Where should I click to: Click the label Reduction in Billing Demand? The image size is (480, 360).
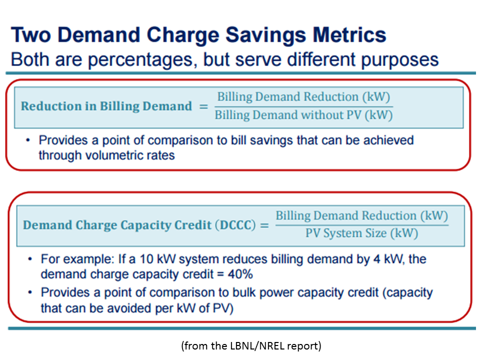(106, 106)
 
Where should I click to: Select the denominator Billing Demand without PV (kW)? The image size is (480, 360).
(303, 115)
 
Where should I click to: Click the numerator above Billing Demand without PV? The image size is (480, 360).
(303, 97)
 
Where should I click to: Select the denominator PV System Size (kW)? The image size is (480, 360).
(361, 233)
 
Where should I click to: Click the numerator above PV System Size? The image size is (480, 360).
(361, 216)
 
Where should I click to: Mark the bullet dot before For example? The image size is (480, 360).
(31, 259)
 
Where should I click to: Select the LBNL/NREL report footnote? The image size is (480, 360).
(251, 345)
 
